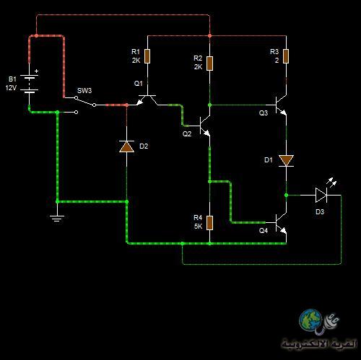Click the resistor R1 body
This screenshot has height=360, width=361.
147,56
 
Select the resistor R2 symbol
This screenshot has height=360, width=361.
209,63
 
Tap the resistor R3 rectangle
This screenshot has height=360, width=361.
286,56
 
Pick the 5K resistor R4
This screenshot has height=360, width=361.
209,223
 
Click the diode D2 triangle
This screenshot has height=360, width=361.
126,146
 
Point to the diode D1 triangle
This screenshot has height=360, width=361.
286,161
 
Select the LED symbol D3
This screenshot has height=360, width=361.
322,195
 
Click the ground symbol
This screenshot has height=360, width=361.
57,219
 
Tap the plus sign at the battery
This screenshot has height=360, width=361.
36,71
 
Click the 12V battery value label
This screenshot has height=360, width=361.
11,88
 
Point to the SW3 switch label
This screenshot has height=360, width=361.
84,91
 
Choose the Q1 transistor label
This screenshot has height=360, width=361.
139,84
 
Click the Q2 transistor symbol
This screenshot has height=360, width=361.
204,126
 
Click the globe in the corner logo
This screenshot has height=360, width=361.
310,319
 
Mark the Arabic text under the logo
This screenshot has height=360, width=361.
319,344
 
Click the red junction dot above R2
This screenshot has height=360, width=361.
209,35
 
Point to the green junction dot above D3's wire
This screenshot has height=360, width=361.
286,195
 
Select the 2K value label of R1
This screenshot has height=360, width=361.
136,60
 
